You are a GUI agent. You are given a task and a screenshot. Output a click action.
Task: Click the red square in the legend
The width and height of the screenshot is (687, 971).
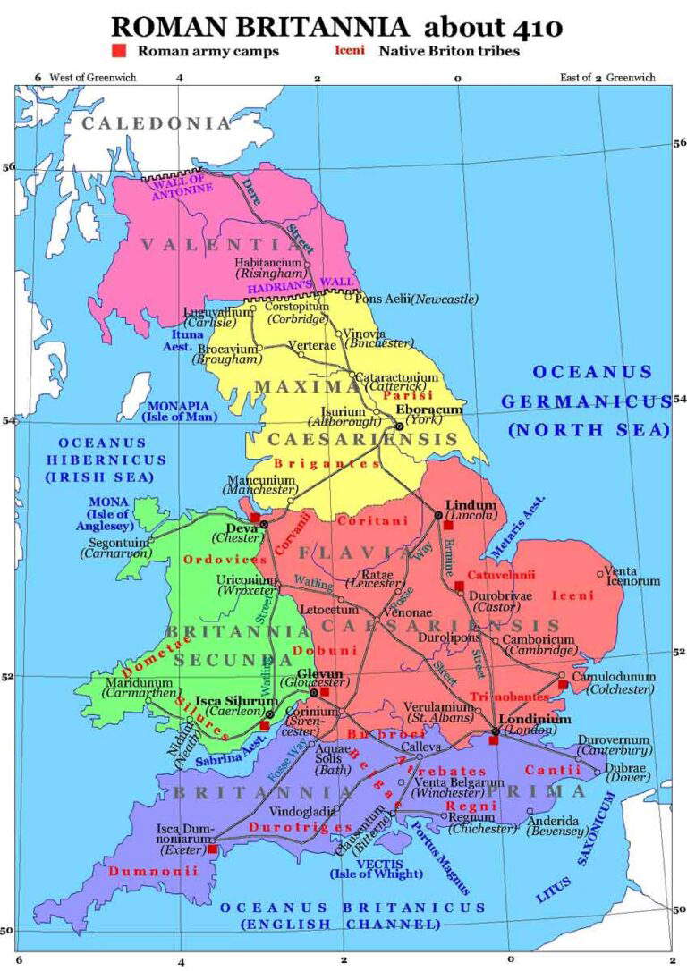tap(118, 51)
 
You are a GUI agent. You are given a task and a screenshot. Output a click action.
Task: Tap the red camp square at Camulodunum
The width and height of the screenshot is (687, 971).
tap(563, 686)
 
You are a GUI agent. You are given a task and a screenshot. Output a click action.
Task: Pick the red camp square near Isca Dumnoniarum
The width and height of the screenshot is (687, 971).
tap(212, 849)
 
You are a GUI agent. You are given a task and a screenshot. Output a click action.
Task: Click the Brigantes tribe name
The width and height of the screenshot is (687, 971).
tap(314, 463)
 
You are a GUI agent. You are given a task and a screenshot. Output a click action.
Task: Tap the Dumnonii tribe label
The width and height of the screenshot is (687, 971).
tap(142, 871)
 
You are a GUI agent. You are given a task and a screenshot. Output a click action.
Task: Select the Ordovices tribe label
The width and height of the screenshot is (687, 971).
tap(213, 559)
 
